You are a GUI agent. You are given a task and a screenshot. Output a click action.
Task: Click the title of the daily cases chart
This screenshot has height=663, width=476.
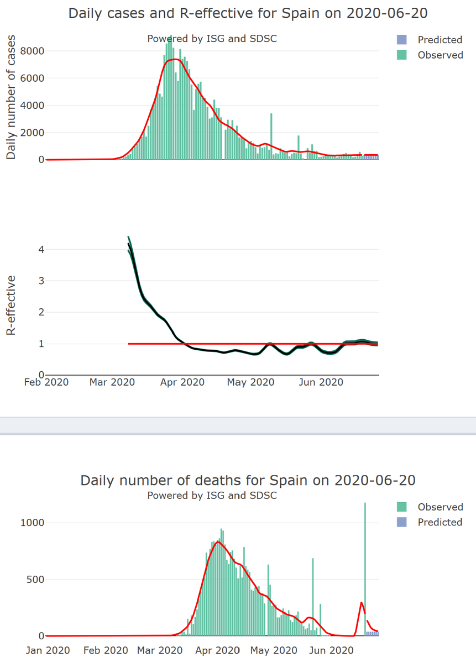(x=248, y=13)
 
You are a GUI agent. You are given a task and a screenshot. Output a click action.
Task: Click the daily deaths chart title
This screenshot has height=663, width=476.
(x=248, y=480)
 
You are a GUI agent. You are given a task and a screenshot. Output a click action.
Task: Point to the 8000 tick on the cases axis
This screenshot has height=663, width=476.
(x=32, y=51)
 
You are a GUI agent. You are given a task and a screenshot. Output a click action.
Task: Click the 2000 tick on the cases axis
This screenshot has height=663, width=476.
(x=32, y=133)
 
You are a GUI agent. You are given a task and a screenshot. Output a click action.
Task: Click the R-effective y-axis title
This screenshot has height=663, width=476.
(x=11, y=306)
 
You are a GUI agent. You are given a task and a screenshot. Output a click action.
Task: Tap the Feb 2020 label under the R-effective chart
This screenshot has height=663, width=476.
(x=46, y=382)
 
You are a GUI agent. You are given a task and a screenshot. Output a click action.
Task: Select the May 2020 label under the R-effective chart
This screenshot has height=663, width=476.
(x=250, y=382)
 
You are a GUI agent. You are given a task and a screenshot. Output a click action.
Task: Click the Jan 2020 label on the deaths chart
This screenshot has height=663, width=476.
(x=48, y=650)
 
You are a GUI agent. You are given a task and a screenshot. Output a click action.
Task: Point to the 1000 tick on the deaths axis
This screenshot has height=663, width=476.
(x=33, y=523)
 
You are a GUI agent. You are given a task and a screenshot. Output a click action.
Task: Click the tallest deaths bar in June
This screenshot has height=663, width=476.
(x=365, y=569)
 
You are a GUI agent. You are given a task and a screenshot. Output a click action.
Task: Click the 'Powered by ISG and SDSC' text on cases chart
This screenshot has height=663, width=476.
(x=212, y=39)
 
